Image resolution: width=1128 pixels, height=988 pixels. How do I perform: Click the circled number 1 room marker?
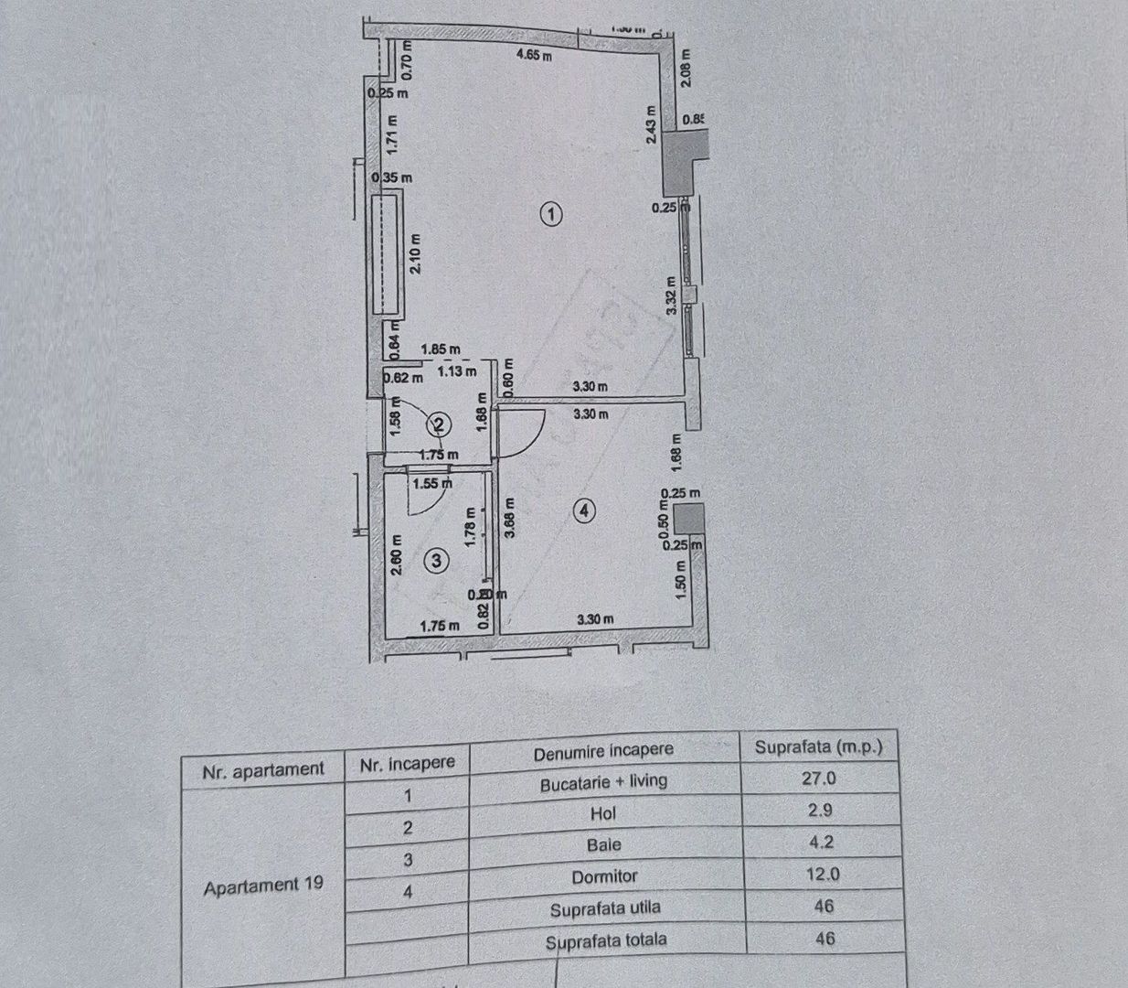coord(550,215)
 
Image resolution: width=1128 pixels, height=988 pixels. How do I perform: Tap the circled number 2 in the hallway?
coord(440,424)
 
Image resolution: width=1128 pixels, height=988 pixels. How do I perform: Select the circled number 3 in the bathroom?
coord(438,560)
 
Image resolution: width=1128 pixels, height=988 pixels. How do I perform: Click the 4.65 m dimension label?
coord(535,55)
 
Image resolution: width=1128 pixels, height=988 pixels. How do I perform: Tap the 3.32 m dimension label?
coord(672,296)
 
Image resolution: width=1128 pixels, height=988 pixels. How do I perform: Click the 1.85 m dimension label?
coord(441,349)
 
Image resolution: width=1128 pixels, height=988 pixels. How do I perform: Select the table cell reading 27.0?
coord(818,779)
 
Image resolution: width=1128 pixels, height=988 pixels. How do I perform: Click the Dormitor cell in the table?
coord(604,876)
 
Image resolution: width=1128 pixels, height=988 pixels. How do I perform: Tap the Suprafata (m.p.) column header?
coord(818,746)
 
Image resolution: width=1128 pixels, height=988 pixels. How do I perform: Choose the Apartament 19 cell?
coord(263,886)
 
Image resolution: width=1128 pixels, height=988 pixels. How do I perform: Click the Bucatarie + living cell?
coord(603,782)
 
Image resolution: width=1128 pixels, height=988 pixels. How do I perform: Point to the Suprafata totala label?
coord(606,940)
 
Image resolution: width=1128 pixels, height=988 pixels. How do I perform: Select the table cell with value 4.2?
coord(821,842)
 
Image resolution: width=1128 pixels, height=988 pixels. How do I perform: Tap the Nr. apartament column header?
coord(263,770)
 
